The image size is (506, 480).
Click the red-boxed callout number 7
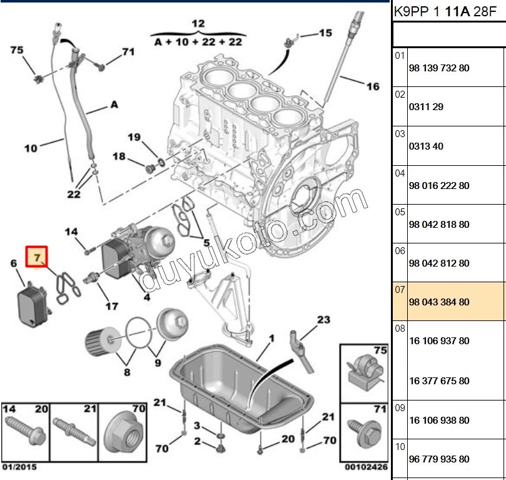(36, 257)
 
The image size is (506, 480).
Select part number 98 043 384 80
(438, 302)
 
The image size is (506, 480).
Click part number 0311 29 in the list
(426, 107)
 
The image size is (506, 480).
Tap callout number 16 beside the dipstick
(373, 86)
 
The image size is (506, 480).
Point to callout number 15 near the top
(326, 33)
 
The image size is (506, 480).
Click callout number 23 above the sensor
(323, 320)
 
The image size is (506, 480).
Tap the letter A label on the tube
(114, 105)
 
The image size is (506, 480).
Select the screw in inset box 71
(363, 431)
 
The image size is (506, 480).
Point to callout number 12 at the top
(198, 24)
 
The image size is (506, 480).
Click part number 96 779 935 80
(438, 459)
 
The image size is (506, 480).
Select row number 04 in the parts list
(400, 173)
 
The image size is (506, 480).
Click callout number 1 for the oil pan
(272, 339)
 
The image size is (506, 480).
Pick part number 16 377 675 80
(438, 380)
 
